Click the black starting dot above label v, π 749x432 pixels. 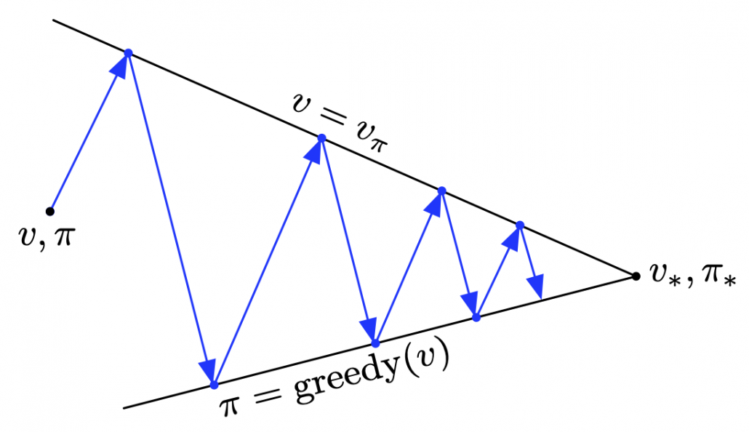point(49,211)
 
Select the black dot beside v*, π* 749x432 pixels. point(636,276)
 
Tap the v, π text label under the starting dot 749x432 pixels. point(47,236)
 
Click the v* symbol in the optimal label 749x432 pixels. point(665,274)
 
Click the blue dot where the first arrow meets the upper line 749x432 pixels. point(128,53)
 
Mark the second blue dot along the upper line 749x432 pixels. point(321,138)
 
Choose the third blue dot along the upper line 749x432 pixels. point(442,191)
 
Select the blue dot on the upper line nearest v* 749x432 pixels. point(520,225)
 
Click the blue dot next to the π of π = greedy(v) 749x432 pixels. point(214,385)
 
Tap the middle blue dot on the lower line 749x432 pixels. point(375,343)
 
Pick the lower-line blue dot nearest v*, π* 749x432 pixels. point(476,317)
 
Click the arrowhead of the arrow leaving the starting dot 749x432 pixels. point(121,66)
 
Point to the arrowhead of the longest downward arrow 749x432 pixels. point(208,370)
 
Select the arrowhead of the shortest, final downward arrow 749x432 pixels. point(537,287)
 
